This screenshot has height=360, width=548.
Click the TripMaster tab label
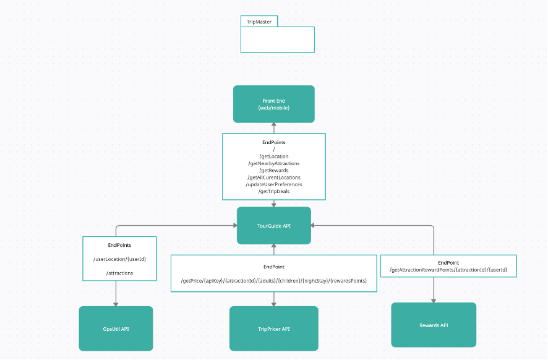tap(259, 22)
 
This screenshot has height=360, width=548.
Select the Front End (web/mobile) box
tap(273, 104)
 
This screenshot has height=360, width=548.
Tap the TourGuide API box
tap(273, 225)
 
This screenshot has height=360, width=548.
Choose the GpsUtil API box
tap(116, 328)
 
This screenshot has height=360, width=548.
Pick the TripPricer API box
tap(273, 328)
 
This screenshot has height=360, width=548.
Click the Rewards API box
tap(434, 325)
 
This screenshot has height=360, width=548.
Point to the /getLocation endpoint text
tap(274, 156)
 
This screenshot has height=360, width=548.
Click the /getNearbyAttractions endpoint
tap(274, 163)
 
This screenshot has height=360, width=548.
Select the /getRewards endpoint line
tap(274, 170)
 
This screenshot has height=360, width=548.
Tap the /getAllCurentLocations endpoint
tap(274, 177)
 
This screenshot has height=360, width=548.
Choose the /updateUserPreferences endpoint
tap(274, 184)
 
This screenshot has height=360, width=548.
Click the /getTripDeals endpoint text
tap(274, 191)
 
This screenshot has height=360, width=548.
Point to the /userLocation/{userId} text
tap(119, 259)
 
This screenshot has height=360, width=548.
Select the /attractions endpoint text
tap(119, 273)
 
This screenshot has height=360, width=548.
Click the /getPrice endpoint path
tap(274, 281)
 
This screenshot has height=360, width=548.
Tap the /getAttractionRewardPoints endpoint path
tap(448, 270)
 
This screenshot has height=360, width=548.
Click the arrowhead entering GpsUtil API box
tap(116, 304)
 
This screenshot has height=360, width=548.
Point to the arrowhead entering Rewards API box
tap(434, 301)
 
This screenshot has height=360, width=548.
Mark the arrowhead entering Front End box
tap(273, 125)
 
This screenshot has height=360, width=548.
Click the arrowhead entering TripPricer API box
tap(273, 304)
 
